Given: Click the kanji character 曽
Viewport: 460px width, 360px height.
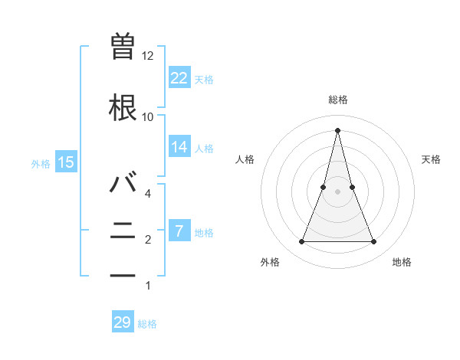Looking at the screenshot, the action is (x=123, y=46).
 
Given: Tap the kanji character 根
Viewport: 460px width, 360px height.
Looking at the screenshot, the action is (x=123, y=107).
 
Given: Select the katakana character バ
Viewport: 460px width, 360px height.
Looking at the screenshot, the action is (x=123, y=184).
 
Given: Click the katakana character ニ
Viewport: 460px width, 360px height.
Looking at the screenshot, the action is (x=123, y=230).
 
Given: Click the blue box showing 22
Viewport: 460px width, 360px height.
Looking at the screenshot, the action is (x=179, y=77).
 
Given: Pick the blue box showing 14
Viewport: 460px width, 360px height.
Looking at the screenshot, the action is (x=179, y=147).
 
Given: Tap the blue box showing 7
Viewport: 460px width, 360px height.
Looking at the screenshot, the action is (x=179, y=231).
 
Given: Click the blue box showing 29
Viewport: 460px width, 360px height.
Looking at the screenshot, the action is (x=123, y=322).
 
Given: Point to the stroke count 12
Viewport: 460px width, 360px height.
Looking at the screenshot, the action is (x=148, y=56).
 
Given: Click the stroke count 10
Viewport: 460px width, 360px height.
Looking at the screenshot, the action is (x=148, y=116).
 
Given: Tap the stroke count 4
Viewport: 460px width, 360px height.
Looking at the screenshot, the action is (x=148, y=194).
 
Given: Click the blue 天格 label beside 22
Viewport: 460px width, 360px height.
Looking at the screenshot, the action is (x=204, y=79).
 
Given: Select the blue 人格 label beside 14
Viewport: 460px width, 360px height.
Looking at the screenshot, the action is (x=204, y=149).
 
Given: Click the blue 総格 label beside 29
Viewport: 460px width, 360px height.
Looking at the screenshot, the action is (x=147, y=324).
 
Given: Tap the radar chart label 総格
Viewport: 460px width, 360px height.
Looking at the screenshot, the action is (x=337, y=100).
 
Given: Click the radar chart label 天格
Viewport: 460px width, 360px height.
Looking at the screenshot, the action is (x=431, y=159).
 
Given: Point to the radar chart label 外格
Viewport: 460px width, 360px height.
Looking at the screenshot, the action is (x=270, y=263).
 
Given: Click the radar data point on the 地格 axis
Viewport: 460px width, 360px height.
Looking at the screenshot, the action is (x=373, y=242).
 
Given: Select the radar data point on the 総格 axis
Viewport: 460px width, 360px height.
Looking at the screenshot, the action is (x=337, y=130).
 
